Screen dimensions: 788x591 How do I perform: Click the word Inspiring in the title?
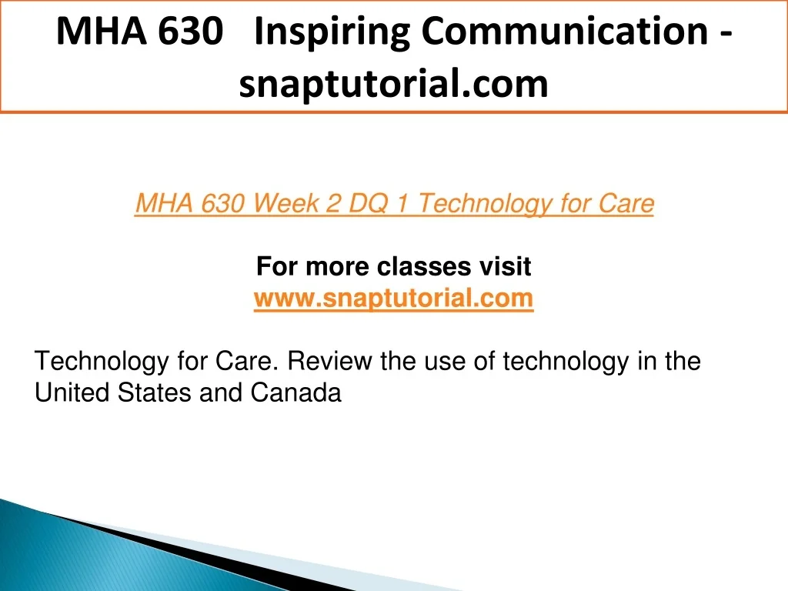[x=332, y=32]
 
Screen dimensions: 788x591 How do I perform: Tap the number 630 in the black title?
[x=191, y=31]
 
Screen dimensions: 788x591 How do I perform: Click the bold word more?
[x=337, y=267]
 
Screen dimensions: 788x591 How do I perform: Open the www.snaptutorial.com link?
[x=393, y=299]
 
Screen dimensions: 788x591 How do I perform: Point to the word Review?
[x=329, y=361]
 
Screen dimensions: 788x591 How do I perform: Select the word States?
[x=154, y=392]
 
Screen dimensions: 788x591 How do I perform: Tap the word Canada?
[x=295, y=392]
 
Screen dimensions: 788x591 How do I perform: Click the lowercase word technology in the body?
[x=566, y=362]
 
